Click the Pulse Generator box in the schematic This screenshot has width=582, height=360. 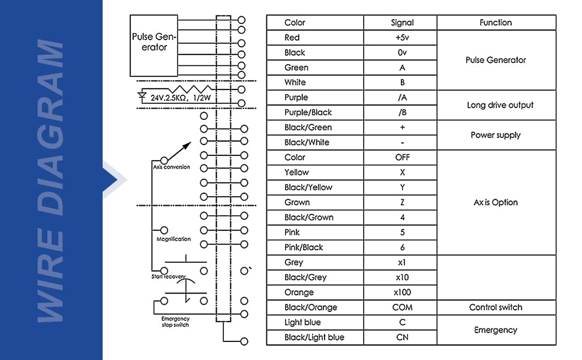[x=154, y=46]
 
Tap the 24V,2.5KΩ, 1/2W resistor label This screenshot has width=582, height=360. [x=181, y=98]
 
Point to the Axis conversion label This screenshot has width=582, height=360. [x=172, y=167]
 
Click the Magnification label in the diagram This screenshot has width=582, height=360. [x=174, y=239]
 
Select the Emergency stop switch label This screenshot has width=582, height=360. [x=175, y=322]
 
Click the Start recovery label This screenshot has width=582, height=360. [x=168, y=277]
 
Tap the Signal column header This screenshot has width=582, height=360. [x=402, y=23]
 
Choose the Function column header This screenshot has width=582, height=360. [x=496, y=23]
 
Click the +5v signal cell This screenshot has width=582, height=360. [x=402, y=37]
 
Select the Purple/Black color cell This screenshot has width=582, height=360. [x=315, y=112]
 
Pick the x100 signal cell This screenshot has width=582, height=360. [x=402, y=292]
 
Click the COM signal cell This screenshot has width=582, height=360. [x=402, y=307]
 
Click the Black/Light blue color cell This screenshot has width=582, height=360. [x=315, y=337]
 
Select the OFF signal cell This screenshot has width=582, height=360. [x=402, y=157]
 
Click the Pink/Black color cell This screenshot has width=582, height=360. [x=315, y=247]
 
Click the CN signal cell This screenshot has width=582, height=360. [x=402, y=337]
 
